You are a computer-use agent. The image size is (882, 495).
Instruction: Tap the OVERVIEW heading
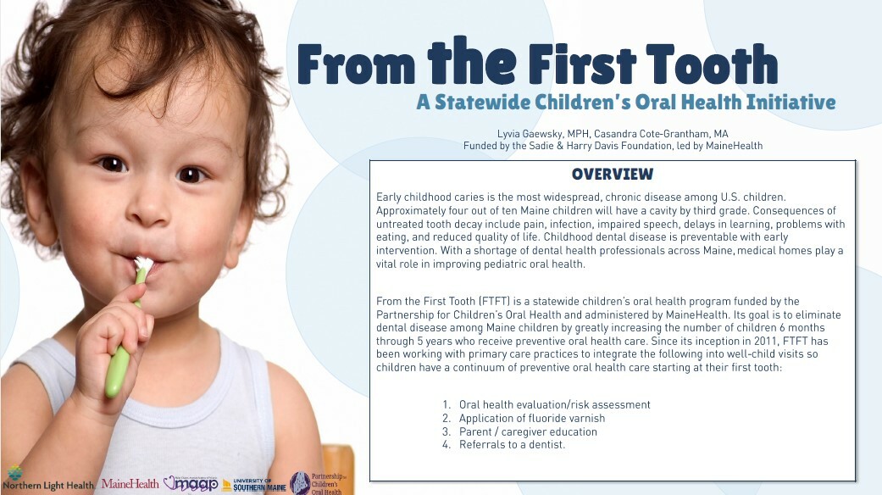(x=613, y=174)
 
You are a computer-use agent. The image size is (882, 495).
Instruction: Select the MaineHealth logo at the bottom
(x=130, y=484)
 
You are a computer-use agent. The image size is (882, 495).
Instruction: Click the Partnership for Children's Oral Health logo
(x=316, y=483)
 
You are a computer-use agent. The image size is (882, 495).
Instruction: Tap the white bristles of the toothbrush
(x=143, y=264)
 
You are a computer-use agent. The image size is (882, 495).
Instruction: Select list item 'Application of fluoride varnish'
(x=532, y=418)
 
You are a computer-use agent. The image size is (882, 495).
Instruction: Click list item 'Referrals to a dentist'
(x=512, y=444)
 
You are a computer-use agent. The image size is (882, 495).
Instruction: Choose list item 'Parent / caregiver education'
(x=528, y=431)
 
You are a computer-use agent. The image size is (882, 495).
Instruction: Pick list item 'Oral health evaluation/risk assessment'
(x=555, y=404)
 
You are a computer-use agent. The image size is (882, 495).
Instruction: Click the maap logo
(x=191, y=483)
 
